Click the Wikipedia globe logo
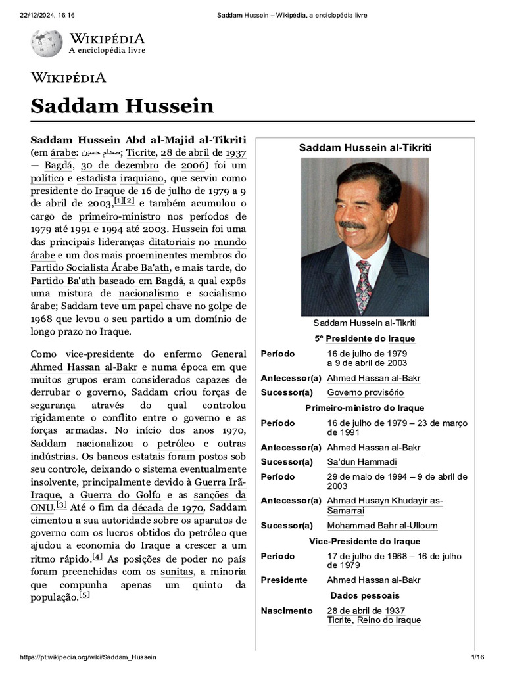[x=46, y=43]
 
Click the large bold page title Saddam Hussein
[x=122, y=105]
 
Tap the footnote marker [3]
[x=61, y=505]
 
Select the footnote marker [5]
[x=84, y=595]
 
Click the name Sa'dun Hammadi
[x=362, y=462]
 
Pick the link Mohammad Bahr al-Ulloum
[x=382, y=526]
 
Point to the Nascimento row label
[x=287, y=611]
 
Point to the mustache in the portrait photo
[x=352, y=226]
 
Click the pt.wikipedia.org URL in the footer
[x=88, y=657]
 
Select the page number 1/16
[x=477, y=657]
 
